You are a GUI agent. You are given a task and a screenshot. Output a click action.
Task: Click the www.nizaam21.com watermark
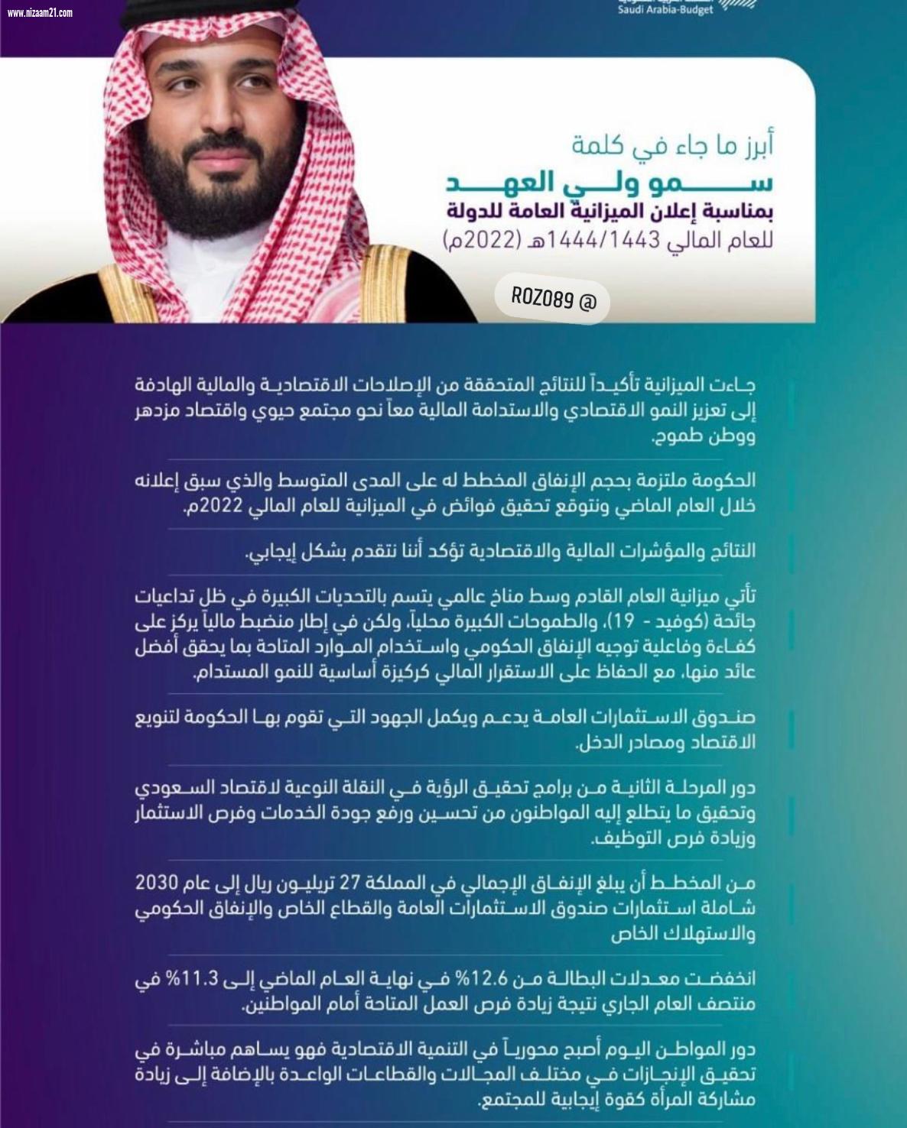tap(40, 12)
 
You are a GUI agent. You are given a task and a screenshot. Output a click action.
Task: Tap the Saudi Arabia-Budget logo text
tap(665, 9)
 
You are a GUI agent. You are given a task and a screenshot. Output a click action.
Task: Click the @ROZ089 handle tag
tap(554, 299)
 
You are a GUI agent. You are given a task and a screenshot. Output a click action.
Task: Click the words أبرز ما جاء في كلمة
tap(672, 145)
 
